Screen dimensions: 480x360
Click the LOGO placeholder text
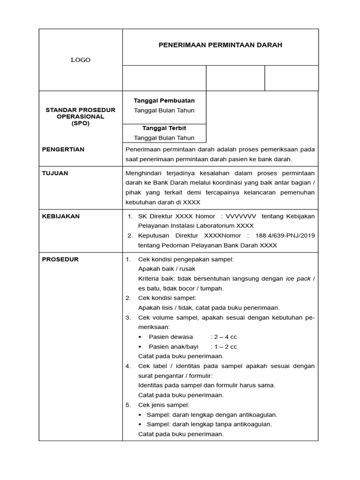[x=81, y=60]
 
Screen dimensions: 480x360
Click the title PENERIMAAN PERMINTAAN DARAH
[x=220, y=45]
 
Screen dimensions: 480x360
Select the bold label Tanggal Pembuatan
[x=164, y=100]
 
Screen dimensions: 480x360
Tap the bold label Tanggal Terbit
[x=164, y=128]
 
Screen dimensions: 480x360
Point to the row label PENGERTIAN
[x=63, y=149]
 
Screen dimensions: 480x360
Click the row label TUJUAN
[x=55, y=173]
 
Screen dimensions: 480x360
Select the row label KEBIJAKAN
[x=61, y=216]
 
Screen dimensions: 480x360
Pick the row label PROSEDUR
[x=60, y=259]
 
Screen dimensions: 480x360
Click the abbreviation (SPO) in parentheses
[x=80, y=123]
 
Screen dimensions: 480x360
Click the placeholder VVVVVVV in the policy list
[x=241, y=216]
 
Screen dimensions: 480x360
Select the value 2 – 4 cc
[x=224, y=337]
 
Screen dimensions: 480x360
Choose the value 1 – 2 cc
[x=224, y=347]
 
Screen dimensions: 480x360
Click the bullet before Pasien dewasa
[x=141, y=337]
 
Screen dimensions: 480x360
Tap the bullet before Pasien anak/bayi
[x=141, y=347]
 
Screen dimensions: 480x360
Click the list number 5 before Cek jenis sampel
[x=128, y=405]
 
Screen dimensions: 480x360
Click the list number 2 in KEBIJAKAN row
[x=130, y=235]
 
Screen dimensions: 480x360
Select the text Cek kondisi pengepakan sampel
[x=186, y=259]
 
